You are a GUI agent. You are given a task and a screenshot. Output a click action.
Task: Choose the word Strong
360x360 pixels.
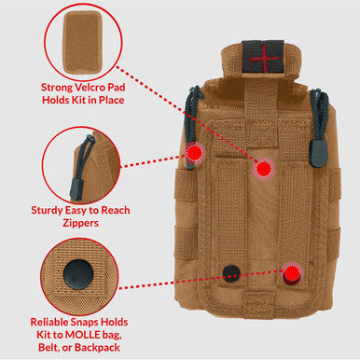pos(57,89)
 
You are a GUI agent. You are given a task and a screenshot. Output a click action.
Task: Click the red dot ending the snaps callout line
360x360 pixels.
pos(292,273)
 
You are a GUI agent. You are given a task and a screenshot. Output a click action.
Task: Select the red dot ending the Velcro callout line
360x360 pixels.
pos(264,169)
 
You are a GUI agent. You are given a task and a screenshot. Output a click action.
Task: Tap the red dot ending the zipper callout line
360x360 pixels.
pos(193,153)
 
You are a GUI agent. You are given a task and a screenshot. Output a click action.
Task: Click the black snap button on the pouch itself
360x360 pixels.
pos(230,272)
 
